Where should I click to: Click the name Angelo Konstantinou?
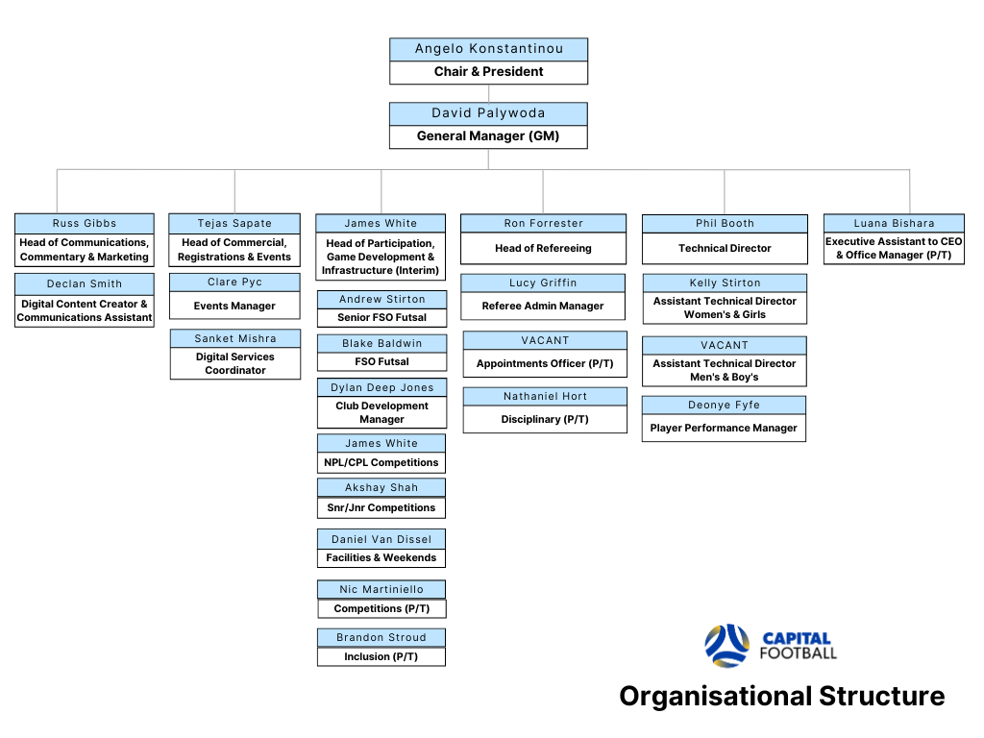coord(489,49)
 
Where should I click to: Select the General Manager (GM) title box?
coord(488,136)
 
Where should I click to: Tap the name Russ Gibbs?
coord(85,223)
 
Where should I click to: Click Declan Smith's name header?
coord(85,283)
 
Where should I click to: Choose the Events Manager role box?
coord(234,306)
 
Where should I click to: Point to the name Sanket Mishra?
coord(235,339)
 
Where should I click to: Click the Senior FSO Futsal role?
coord(382,317)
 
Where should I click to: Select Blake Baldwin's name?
coord(382,343)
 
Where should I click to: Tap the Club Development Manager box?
coord(382,412)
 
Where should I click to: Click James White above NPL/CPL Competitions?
coord(381,443)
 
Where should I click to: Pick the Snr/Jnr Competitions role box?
coord(381,507)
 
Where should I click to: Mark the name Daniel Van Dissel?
coord(381,539)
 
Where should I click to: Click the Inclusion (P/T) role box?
coord(381,656)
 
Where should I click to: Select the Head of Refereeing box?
coord(544,249)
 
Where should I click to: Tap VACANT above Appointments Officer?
coord(545,340)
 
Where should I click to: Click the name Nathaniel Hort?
coord(546,396)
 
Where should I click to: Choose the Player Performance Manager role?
coord(724,428)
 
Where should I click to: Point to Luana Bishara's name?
coord(895,223)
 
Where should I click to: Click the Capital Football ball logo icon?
coord(727,645)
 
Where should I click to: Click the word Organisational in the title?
coord(715,697)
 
